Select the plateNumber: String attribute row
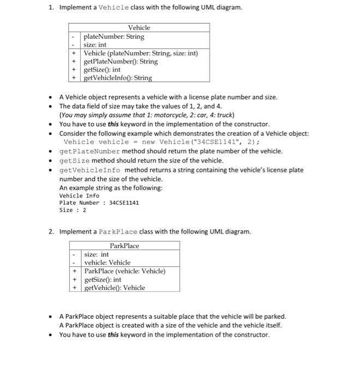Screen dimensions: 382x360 pyautogui.click(x=113, y=37)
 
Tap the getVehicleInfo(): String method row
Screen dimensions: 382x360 pyautogui.click(x=117, y=78)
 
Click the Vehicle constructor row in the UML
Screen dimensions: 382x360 pyautogui.click(x=140, y=53)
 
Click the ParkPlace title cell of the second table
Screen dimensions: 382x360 pyautogui.click(x=124, y=246)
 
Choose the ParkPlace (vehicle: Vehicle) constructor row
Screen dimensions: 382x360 pyautogui.click(x=124, y=271)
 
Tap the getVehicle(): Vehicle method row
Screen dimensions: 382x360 pyautogui.click(x=115, y=288)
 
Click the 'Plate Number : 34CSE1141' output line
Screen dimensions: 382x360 pyautogui.click(x=99, y=202)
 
